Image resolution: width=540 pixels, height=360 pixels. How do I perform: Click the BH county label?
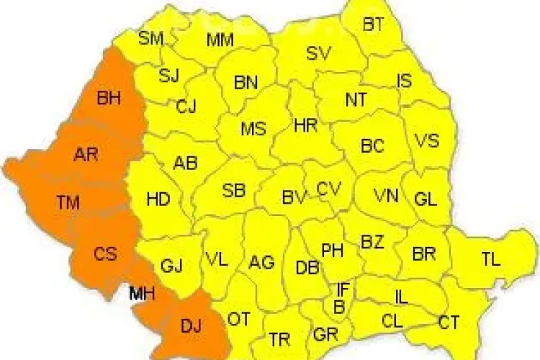[x=109, y=99]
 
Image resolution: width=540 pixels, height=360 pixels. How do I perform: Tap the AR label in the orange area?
[x=86, y=153]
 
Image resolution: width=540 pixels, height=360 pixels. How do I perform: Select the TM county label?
[x=68, y=203]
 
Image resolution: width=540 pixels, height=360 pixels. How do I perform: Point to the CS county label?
[x=104, y=253]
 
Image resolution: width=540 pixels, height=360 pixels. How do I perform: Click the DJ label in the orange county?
[x=191, y=328]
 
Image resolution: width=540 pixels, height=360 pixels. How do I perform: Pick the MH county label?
[x=143, y=293]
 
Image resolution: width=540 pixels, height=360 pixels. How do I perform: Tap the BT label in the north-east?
[x=373, y=24]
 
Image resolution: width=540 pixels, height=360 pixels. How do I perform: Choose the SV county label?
[x=318, y=53]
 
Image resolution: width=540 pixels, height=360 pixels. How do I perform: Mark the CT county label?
[x=450, y=322]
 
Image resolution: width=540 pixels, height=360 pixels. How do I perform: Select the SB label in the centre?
[x=234, y=191]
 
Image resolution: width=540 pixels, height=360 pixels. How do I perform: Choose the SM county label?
[x=151, y=38]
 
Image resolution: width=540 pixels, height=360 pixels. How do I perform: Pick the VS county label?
[x=427, y=140]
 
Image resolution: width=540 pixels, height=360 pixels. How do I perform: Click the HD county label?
[x=158, y=199]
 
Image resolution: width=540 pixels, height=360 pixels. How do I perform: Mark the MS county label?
[x=253, y=130]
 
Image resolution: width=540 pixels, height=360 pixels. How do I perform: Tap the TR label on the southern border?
[x=279, y=338]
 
